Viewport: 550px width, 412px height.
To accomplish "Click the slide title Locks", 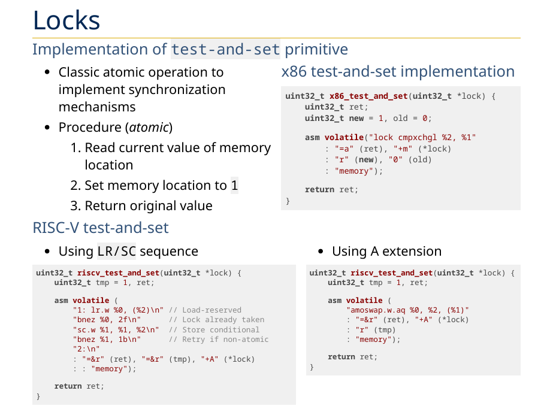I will (x=66, y=20).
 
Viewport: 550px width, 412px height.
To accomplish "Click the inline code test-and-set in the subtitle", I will (x=225, y=49).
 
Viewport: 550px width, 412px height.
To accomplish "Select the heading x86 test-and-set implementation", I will (x=398, y=72).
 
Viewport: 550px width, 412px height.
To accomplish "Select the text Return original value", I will (x=149, y=206).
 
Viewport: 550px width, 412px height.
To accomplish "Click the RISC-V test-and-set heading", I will (x=101, y=228).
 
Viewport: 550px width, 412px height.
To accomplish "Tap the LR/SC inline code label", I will (x=117, y=251).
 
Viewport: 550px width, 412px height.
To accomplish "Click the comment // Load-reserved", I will (x=205, y=310).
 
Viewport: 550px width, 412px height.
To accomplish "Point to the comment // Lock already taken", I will (x=216, y=320).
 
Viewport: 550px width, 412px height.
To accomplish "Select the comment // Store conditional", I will (x=214, y=330).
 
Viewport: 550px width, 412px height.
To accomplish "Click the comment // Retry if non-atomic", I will (x=219, y=340).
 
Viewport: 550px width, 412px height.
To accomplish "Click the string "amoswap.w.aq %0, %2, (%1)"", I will (x=407, y=310).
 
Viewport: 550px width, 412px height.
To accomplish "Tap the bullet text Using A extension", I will (x=386, y=251).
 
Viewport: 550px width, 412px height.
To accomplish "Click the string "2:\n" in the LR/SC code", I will (x=86, y=349).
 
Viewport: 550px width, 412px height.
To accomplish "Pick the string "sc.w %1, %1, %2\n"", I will (x=118, y=330).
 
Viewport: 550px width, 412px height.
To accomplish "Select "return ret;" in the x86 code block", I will (x=331, y=190).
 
